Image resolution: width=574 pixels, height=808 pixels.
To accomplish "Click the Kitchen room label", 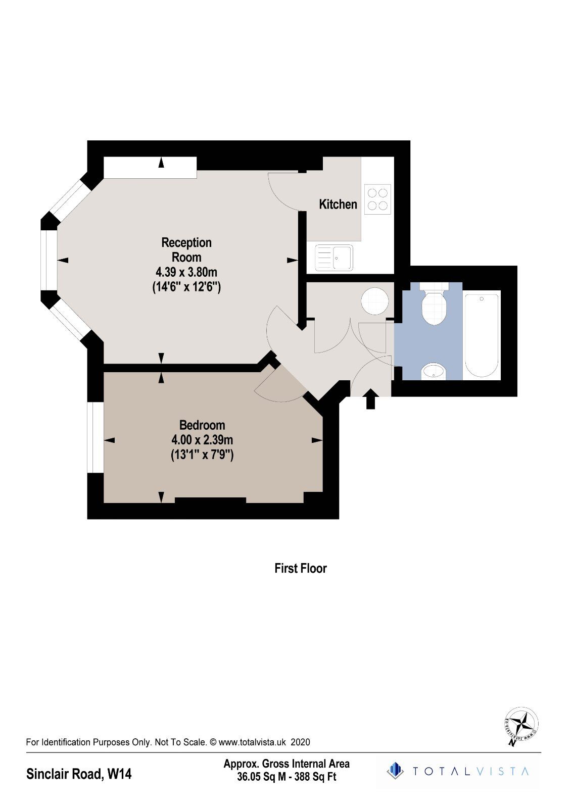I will pos(338,205).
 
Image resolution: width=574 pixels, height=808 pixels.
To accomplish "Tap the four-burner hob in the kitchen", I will pos(377,199).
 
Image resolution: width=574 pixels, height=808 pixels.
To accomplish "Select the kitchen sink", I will pos(333,257).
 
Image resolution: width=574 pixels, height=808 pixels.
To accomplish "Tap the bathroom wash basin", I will pos(434,371).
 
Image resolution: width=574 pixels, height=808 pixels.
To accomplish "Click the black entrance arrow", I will pos(370,398).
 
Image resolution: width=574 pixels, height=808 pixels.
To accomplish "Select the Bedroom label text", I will pos(202,425).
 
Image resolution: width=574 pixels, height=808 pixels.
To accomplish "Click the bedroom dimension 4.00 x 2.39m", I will pos(202,440).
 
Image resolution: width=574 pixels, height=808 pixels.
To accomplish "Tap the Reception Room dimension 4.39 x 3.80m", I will pos(186,272).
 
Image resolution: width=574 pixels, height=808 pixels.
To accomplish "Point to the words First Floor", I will pos(301,569).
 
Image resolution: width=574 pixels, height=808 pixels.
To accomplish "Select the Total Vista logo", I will pos(458,771).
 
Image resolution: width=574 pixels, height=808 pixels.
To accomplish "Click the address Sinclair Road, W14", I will pos(79,774).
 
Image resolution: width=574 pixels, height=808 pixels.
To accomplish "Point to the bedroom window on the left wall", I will pos(95,437).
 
